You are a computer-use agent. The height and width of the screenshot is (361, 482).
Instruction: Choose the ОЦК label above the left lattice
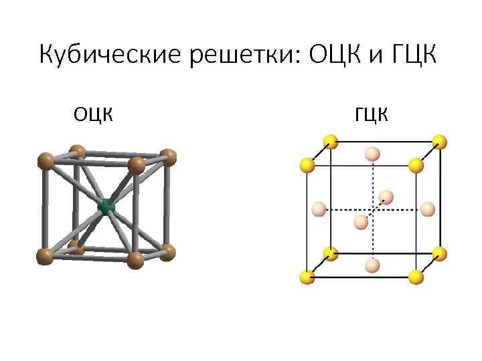click(x=93, y=115)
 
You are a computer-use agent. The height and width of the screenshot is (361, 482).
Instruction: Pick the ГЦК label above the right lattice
click(x=372, y=115)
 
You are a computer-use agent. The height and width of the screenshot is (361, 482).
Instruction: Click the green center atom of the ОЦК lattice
click(x=106, y=207)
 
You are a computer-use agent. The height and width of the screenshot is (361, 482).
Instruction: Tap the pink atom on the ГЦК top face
click(x=372, y=154)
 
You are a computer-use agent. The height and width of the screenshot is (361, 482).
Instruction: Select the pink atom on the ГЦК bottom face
click(x=372, y=266)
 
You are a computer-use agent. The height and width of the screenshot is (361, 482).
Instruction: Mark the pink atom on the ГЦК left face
click(x=319, y=209)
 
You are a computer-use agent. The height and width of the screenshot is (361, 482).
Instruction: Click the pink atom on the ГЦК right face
click(x=426, y=209)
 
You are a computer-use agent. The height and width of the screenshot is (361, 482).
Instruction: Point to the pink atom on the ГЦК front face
click(x=361, y=222)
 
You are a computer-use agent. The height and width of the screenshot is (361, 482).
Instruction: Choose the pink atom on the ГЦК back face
click(x=386, y=197)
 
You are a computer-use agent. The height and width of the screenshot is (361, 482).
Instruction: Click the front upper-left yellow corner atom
click(x=307, y=164)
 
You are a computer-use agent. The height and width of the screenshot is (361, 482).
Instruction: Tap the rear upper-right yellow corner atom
click(x=438, y=142)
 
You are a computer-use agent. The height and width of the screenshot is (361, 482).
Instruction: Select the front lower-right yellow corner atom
click(x=415, y=277)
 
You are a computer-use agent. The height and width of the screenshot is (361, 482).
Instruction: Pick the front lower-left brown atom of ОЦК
click(x=45, y=256)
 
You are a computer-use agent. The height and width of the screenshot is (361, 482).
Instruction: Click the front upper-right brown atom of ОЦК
click(x=136, y=164)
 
